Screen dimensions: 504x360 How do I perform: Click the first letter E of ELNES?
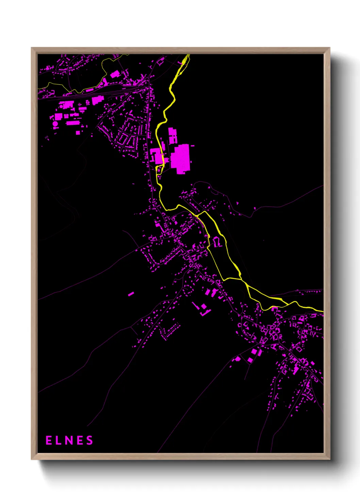pyautogui.click(x=49, y=440)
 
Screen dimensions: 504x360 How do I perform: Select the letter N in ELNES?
pyautogui.click(x=69, y=440)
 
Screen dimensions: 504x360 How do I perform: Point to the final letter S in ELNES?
pyautogui.click(x=89, y=440)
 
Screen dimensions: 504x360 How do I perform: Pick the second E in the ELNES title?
pyautogui.click(x=79, y=440)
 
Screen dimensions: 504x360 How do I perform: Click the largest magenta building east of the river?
pyautogui.click(x=180, y=158)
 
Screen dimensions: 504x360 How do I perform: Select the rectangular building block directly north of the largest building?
pyautogui.click(x=173, y=135)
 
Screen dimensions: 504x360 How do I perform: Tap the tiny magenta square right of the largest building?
pyautogui.click(x=193, y=146)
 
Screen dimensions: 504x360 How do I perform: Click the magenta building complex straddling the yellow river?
pyautogui.click(x=157, y=156)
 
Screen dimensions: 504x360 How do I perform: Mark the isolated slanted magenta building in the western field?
pyautogui.click(x=131, y=294)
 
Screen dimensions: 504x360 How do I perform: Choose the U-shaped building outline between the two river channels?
pyautogui.click(x=217, y=242)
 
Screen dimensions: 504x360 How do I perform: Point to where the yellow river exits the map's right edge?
pyautogui.click(x=322, y=311)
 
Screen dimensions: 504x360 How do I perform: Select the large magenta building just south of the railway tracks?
pyautogui.click(x=98, y=100)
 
